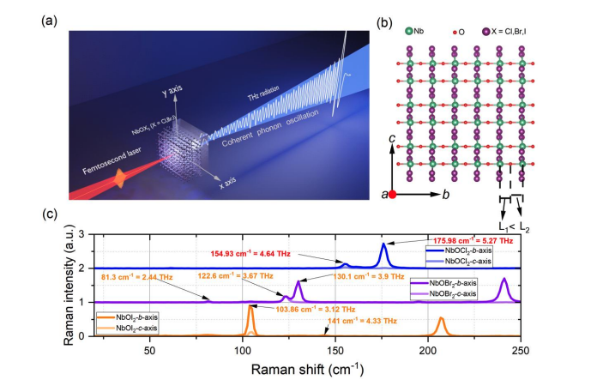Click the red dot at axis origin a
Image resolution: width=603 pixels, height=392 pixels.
(392, 196)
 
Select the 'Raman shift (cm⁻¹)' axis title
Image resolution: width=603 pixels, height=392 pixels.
(301, 369)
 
